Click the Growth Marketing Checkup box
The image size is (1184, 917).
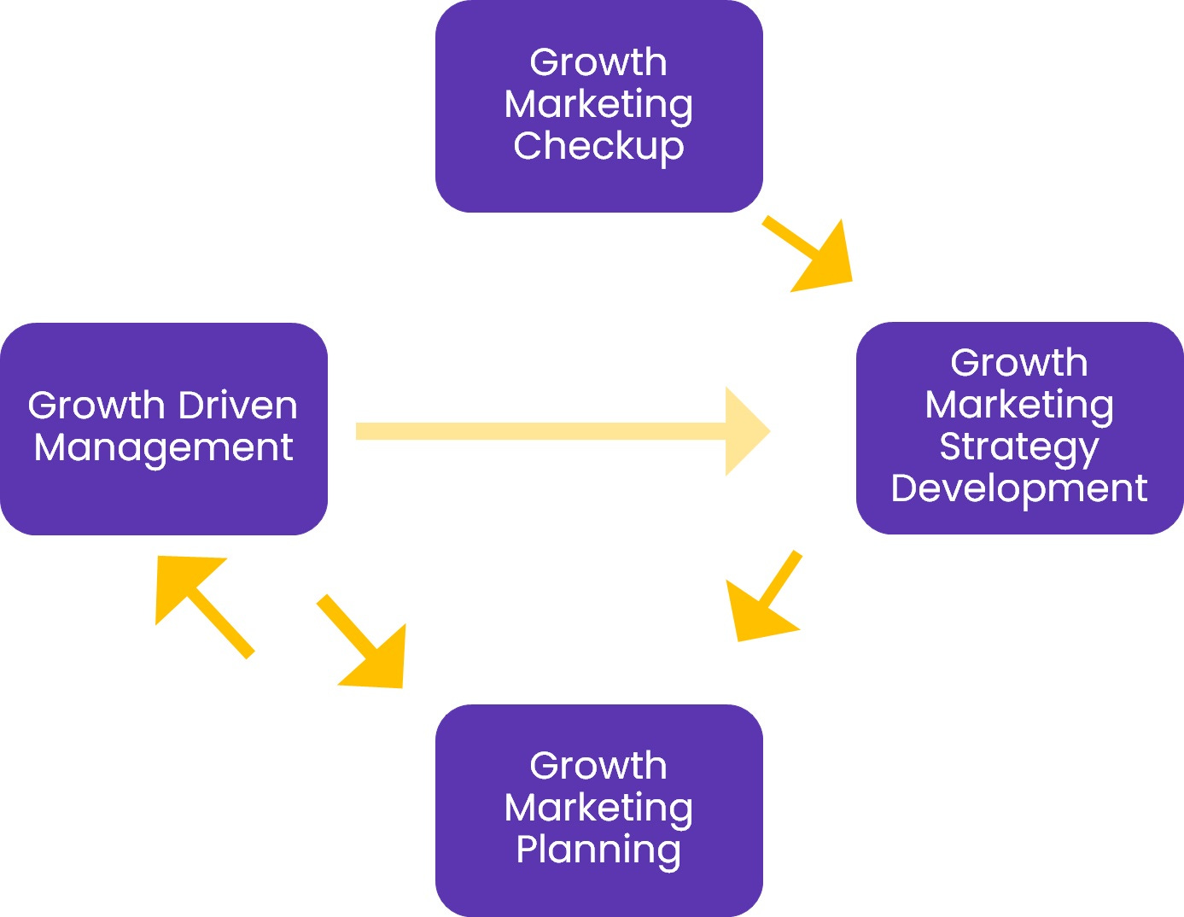pos(598,106)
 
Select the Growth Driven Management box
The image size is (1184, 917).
pos(163,429)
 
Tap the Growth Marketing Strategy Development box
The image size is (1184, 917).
pos(1019,428)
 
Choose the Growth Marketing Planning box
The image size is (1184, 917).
pos(598,809)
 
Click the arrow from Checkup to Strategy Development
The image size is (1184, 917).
pos(811,254)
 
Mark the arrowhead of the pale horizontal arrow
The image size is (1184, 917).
pos(745,431)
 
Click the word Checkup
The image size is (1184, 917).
pos(598,146)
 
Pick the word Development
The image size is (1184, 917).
pos(1019,488)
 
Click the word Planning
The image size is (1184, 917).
pos(598,850)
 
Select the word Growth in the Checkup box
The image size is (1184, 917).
pos(598,62)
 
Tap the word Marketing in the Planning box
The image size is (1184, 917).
pos(598,808)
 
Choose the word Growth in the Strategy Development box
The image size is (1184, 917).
pos(1019,363)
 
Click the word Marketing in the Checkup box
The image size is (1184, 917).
pos(598,105)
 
